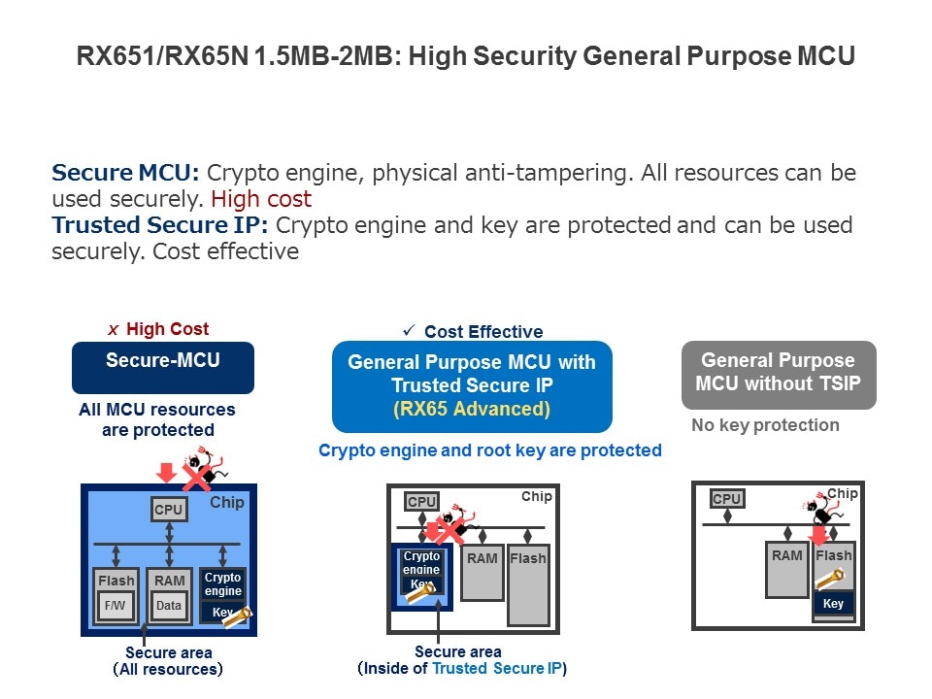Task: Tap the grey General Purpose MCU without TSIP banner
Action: [779, 374]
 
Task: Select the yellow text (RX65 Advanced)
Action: [472, 409]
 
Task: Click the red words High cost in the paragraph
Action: [261, 200]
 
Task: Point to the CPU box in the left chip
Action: [169, 510]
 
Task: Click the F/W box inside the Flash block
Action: [116, 605]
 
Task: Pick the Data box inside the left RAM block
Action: [169, 605]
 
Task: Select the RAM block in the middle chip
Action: [483, 578]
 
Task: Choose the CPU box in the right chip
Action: [727, 500]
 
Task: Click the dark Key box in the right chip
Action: [833, 604]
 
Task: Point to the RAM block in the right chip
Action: [787, 572]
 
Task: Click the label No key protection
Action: [765, 425]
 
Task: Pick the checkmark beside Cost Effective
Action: [409, 331]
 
